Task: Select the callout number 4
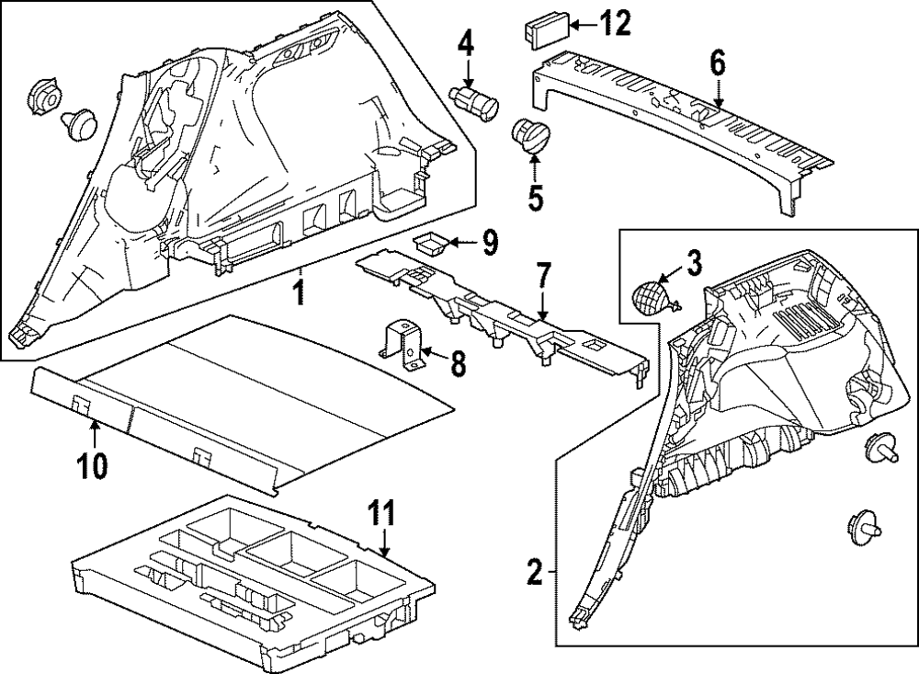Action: pyautogui.click(x=467, y=41)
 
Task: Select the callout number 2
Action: pyautogui.click(x=535, y=573)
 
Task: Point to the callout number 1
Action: pyautogui.click(x=297, y=294)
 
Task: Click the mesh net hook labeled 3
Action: pyautogui.click(x=652, y=297)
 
